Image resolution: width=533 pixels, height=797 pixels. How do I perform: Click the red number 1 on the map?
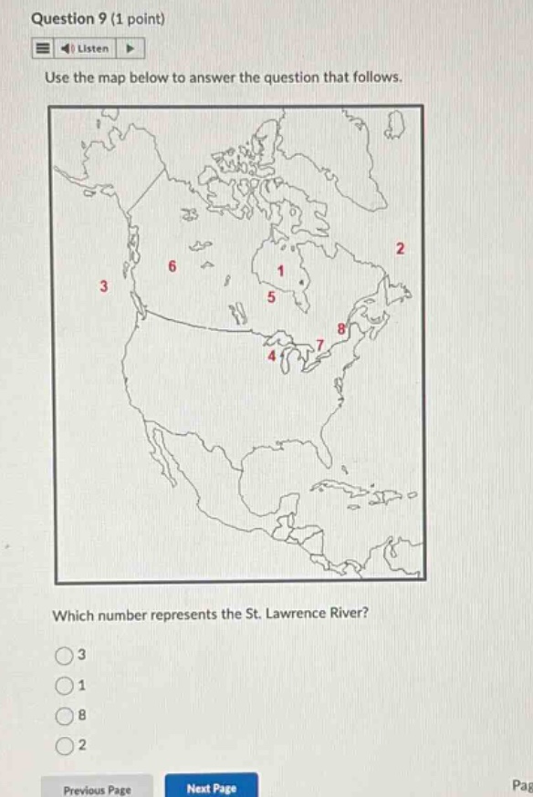coord(282,271)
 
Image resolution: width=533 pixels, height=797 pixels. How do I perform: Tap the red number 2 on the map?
coord(400,249)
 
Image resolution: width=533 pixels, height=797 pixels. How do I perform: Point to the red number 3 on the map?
coord(103,286)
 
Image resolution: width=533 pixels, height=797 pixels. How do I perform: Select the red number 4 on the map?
coord(270,357)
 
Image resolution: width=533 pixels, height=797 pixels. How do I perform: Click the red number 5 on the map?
coord(270,297)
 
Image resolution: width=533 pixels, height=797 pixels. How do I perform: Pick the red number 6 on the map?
coord(171,266)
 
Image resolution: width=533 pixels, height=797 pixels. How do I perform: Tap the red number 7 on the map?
coord(319,343)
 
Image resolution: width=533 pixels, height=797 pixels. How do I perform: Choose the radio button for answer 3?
coord(65,655)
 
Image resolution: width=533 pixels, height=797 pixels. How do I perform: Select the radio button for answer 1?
coord(65,686)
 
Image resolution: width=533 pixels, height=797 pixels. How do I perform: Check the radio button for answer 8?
coord(65,717)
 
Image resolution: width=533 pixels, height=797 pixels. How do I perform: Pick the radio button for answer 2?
coord(65,747)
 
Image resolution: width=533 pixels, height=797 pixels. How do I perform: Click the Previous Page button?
coord(98,789)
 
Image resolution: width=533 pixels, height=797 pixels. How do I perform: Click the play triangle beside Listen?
coord(130,48)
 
